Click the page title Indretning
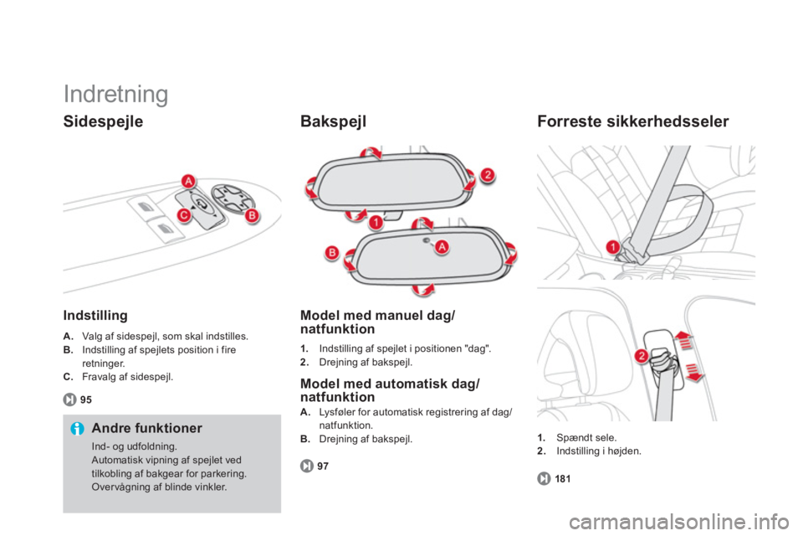(115, 95)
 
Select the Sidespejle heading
(103, 121)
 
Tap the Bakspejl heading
(334, 121)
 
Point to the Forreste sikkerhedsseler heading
(633, 121)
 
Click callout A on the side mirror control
(189, 181)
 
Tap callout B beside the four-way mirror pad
(252, 216)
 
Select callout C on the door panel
(183, 215)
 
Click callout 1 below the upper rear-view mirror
(376, 223)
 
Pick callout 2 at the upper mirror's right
(488, 175)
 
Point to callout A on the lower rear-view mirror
(442, 247)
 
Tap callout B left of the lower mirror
(332, 252)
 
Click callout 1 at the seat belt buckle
(612, 247)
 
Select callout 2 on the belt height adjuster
(642, 356)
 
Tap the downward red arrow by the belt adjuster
(693, 373)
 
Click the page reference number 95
(86, 399)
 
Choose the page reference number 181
(563, 478)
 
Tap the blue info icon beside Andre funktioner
(77, 428)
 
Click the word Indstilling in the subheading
(95, 315)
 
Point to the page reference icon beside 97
(307, 466)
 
